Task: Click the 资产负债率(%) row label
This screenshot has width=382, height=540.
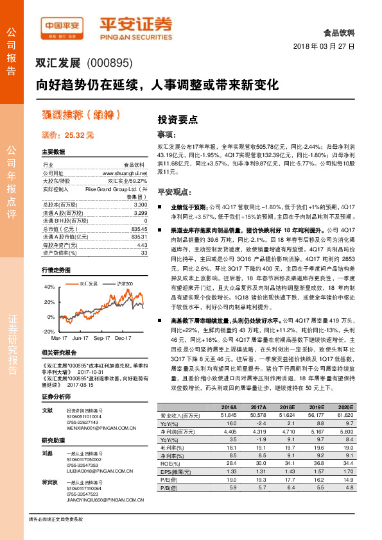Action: (x=57, y=253)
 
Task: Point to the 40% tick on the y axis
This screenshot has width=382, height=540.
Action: (x=49, y=287)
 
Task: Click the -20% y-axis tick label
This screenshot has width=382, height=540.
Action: (x=48, y=332)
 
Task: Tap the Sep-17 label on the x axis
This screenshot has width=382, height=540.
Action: (x=101, y=337)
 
